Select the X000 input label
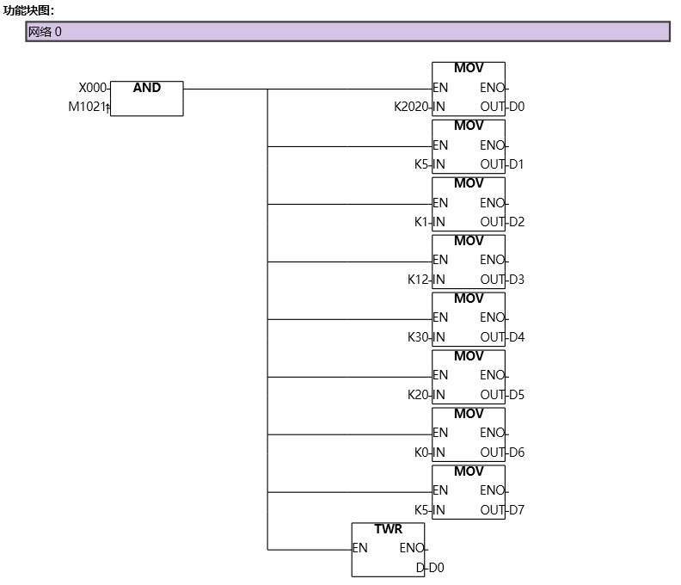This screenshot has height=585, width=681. click(93, 88)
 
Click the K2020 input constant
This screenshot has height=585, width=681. click(411, 107)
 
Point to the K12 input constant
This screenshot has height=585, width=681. click(418, 280)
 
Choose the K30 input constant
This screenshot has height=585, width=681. click(418, 337)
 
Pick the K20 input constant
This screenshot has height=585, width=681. click(418, 395)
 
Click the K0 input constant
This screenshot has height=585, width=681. click(421, 453)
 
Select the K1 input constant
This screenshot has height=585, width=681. click(421, 222)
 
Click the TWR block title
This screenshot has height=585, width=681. click(388, 529)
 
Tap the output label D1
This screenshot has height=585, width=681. click(517, 164)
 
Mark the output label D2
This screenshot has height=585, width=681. click(517, 222)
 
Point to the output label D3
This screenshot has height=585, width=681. click(517, 280)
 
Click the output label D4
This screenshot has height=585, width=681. click(517, 337)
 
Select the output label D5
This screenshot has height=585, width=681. click(517, 395)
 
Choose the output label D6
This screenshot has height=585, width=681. click(517, 453)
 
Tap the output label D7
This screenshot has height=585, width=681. click(517, 510)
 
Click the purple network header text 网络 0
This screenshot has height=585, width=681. click(45, 32)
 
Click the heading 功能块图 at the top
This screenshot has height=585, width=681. click(28, 9)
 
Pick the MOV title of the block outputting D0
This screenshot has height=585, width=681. click(469, 68)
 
